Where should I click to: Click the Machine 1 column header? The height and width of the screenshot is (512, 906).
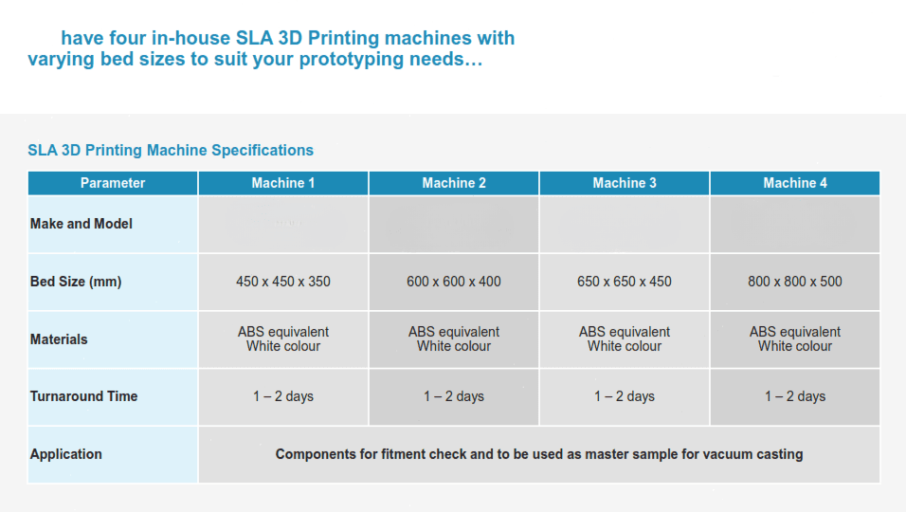[x=283, y=183]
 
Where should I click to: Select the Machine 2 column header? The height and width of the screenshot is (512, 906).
[x=454, y=183]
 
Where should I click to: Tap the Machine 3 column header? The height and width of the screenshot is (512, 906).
[x=624, y=183]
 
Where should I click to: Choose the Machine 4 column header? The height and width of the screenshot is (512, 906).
[x=795, y=183]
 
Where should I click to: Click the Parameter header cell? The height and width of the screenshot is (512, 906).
[x=113, y=183]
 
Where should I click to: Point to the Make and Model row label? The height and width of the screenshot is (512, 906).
[x=82, y=224]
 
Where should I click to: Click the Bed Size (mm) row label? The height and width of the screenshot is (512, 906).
[x=76, y=282]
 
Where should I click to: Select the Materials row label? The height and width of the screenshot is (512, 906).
[x=59, y=339]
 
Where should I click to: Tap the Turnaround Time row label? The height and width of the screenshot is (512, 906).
[x=83, y=396]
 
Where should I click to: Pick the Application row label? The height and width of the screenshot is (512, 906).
[x=66, y=454]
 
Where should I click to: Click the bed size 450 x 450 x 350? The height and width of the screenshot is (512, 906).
[x=283, y=282]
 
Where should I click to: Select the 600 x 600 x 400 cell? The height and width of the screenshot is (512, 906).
[x=454, y=282]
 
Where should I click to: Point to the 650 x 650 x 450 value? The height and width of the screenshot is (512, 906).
[x=624, y=282]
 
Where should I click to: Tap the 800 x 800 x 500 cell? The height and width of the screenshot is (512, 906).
[x=795, y=282]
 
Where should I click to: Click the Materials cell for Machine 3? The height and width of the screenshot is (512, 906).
[x=624, y=339]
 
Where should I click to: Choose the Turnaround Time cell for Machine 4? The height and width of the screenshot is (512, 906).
[x=795, y=396]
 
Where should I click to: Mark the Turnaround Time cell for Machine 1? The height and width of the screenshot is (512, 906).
[x=283, y=396]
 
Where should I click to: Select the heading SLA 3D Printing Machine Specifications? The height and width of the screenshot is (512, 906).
[x=171, y=150]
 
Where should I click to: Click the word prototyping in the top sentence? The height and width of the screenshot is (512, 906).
[x=353, y=60]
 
